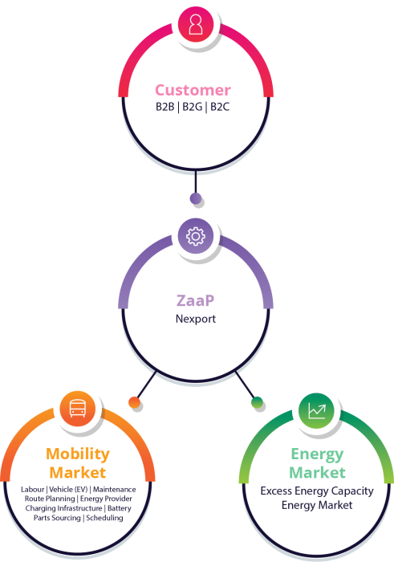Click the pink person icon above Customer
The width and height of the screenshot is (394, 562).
point(196,24)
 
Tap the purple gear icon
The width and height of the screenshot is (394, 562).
point(196,236)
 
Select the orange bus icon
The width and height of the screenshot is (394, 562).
point(77,409)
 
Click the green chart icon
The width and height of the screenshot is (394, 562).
point(317,411)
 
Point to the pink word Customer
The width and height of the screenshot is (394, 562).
point(193,90)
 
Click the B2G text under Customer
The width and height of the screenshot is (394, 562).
point(193,107)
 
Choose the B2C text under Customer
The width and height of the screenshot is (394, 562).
point(220,107)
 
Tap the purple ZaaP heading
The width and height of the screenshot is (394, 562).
point(195,300)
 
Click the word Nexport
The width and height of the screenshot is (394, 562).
point(196,319)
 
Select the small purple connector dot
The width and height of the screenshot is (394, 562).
point(196,198)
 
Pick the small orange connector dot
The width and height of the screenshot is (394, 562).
point(134,402)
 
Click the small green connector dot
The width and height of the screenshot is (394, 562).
point(257,402)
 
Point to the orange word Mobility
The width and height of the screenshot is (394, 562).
point(78,454)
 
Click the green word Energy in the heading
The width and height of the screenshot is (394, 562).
point(317,454)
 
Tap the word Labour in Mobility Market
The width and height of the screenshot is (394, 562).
point(33,489)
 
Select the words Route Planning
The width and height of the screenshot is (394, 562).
point(50,499)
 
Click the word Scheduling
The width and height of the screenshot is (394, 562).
point(104,518)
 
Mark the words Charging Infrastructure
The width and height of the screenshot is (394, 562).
point(63,508)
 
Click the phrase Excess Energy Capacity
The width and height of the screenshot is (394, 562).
point(317,491)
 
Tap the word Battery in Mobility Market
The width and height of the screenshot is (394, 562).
point(120,508)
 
